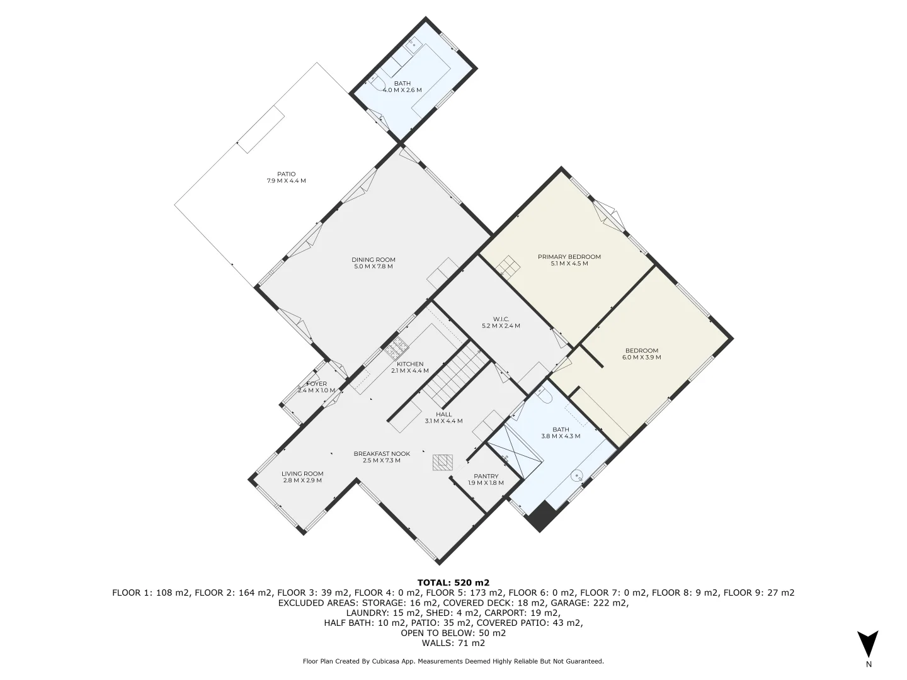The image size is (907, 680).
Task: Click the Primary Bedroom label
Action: coord(569,257)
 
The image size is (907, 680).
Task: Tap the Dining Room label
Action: coord(374,259)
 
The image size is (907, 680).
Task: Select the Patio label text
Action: coord(286,174)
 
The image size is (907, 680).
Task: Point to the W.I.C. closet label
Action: coord(501,319)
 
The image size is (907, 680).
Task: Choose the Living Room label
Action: coord(302,473)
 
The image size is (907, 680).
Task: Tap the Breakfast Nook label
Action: coord(382,453)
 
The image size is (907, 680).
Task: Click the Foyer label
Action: coord(317,383)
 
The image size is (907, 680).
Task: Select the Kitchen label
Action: coord(410,364)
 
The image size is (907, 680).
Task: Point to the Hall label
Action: coord(443,414)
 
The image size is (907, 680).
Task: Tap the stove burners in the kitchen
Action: coord(399,346)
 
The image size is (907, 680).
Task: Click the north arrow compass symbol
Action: coord(868,644)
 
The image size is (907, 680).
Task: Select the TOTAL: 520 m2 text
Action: coord(453,582)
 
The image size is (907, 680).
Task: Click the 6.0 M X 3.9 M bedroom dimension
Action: coord(641,358)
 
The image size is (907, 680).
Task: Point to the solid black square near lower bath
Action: coord(542,518)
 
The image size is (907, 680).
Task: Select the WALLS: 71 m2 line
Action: coord(453,643)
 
